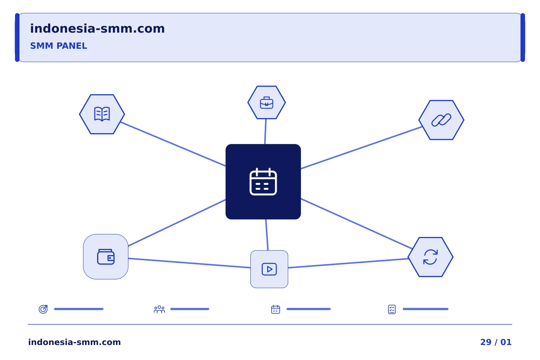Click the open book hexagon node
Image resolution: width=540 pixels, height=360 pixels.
pyautogui.click(x=102, y=114)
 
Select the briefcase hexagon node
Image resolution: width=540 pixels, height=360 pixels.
pyautogui.click(x=267, y=102)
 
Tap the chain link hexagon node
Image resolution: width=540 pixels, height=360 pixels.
pyautogui.click(x=441, y=120)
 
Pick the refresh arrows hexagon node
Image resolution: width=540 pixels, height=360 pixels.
pyautogui.click(x=430, y=257)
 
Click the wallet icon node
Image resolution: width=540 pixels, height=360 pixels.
pyautogui.click(x=106, y=257)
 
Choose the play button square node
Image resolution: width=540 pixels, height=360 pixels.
pyautogui.click(x=269, y=269)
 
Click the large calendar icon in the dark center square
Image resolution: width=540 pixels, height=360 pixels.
pyautogui.click(x=263, y=181)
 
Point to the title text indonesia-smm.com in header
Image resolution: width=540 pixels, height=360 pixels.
pyautogui.click(x=97, y=28)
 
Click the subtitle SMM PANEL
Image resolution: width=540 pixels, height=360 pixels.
pyautogui.click(x=58, y=46)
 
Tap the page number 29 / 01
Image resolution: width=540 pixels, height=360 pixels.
pyautogui.click(x=496, y=342)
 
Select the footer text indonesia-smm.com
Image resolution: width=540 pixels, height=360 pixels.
pyautogui.click(x=75, y=342)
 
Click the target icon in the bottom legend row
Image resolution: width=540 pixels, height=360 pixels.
pyautogui.click(x=43, y=309)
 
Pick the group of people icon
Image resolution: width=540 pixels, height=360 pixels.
pyautogui.click(x=159, y=309)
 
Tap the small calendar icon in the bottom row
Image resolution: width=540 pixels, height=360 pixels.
pyautogui.click(x=276, y=309)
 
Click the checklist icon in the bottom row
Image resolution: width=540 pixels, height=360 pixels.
pyautogui.click(x=392, y=309)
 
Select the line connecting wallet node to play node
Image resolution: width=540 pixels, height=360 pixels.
pyautogui.click(x=189, y=263)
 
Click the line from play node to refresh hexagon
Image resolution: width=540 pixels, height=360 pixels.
pyautogui.click(x=348, y=263)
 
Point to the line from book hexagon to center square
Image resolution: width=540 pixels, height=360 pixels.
pyautogui.click(x=173, y=144)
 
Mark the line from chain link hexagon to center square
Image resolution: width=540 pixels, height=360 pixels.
pyautogui.click(x=361, y=148)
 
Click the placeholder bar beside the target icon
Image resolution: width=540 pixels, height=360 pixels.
pyautogui.click(x=79, y=309)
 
